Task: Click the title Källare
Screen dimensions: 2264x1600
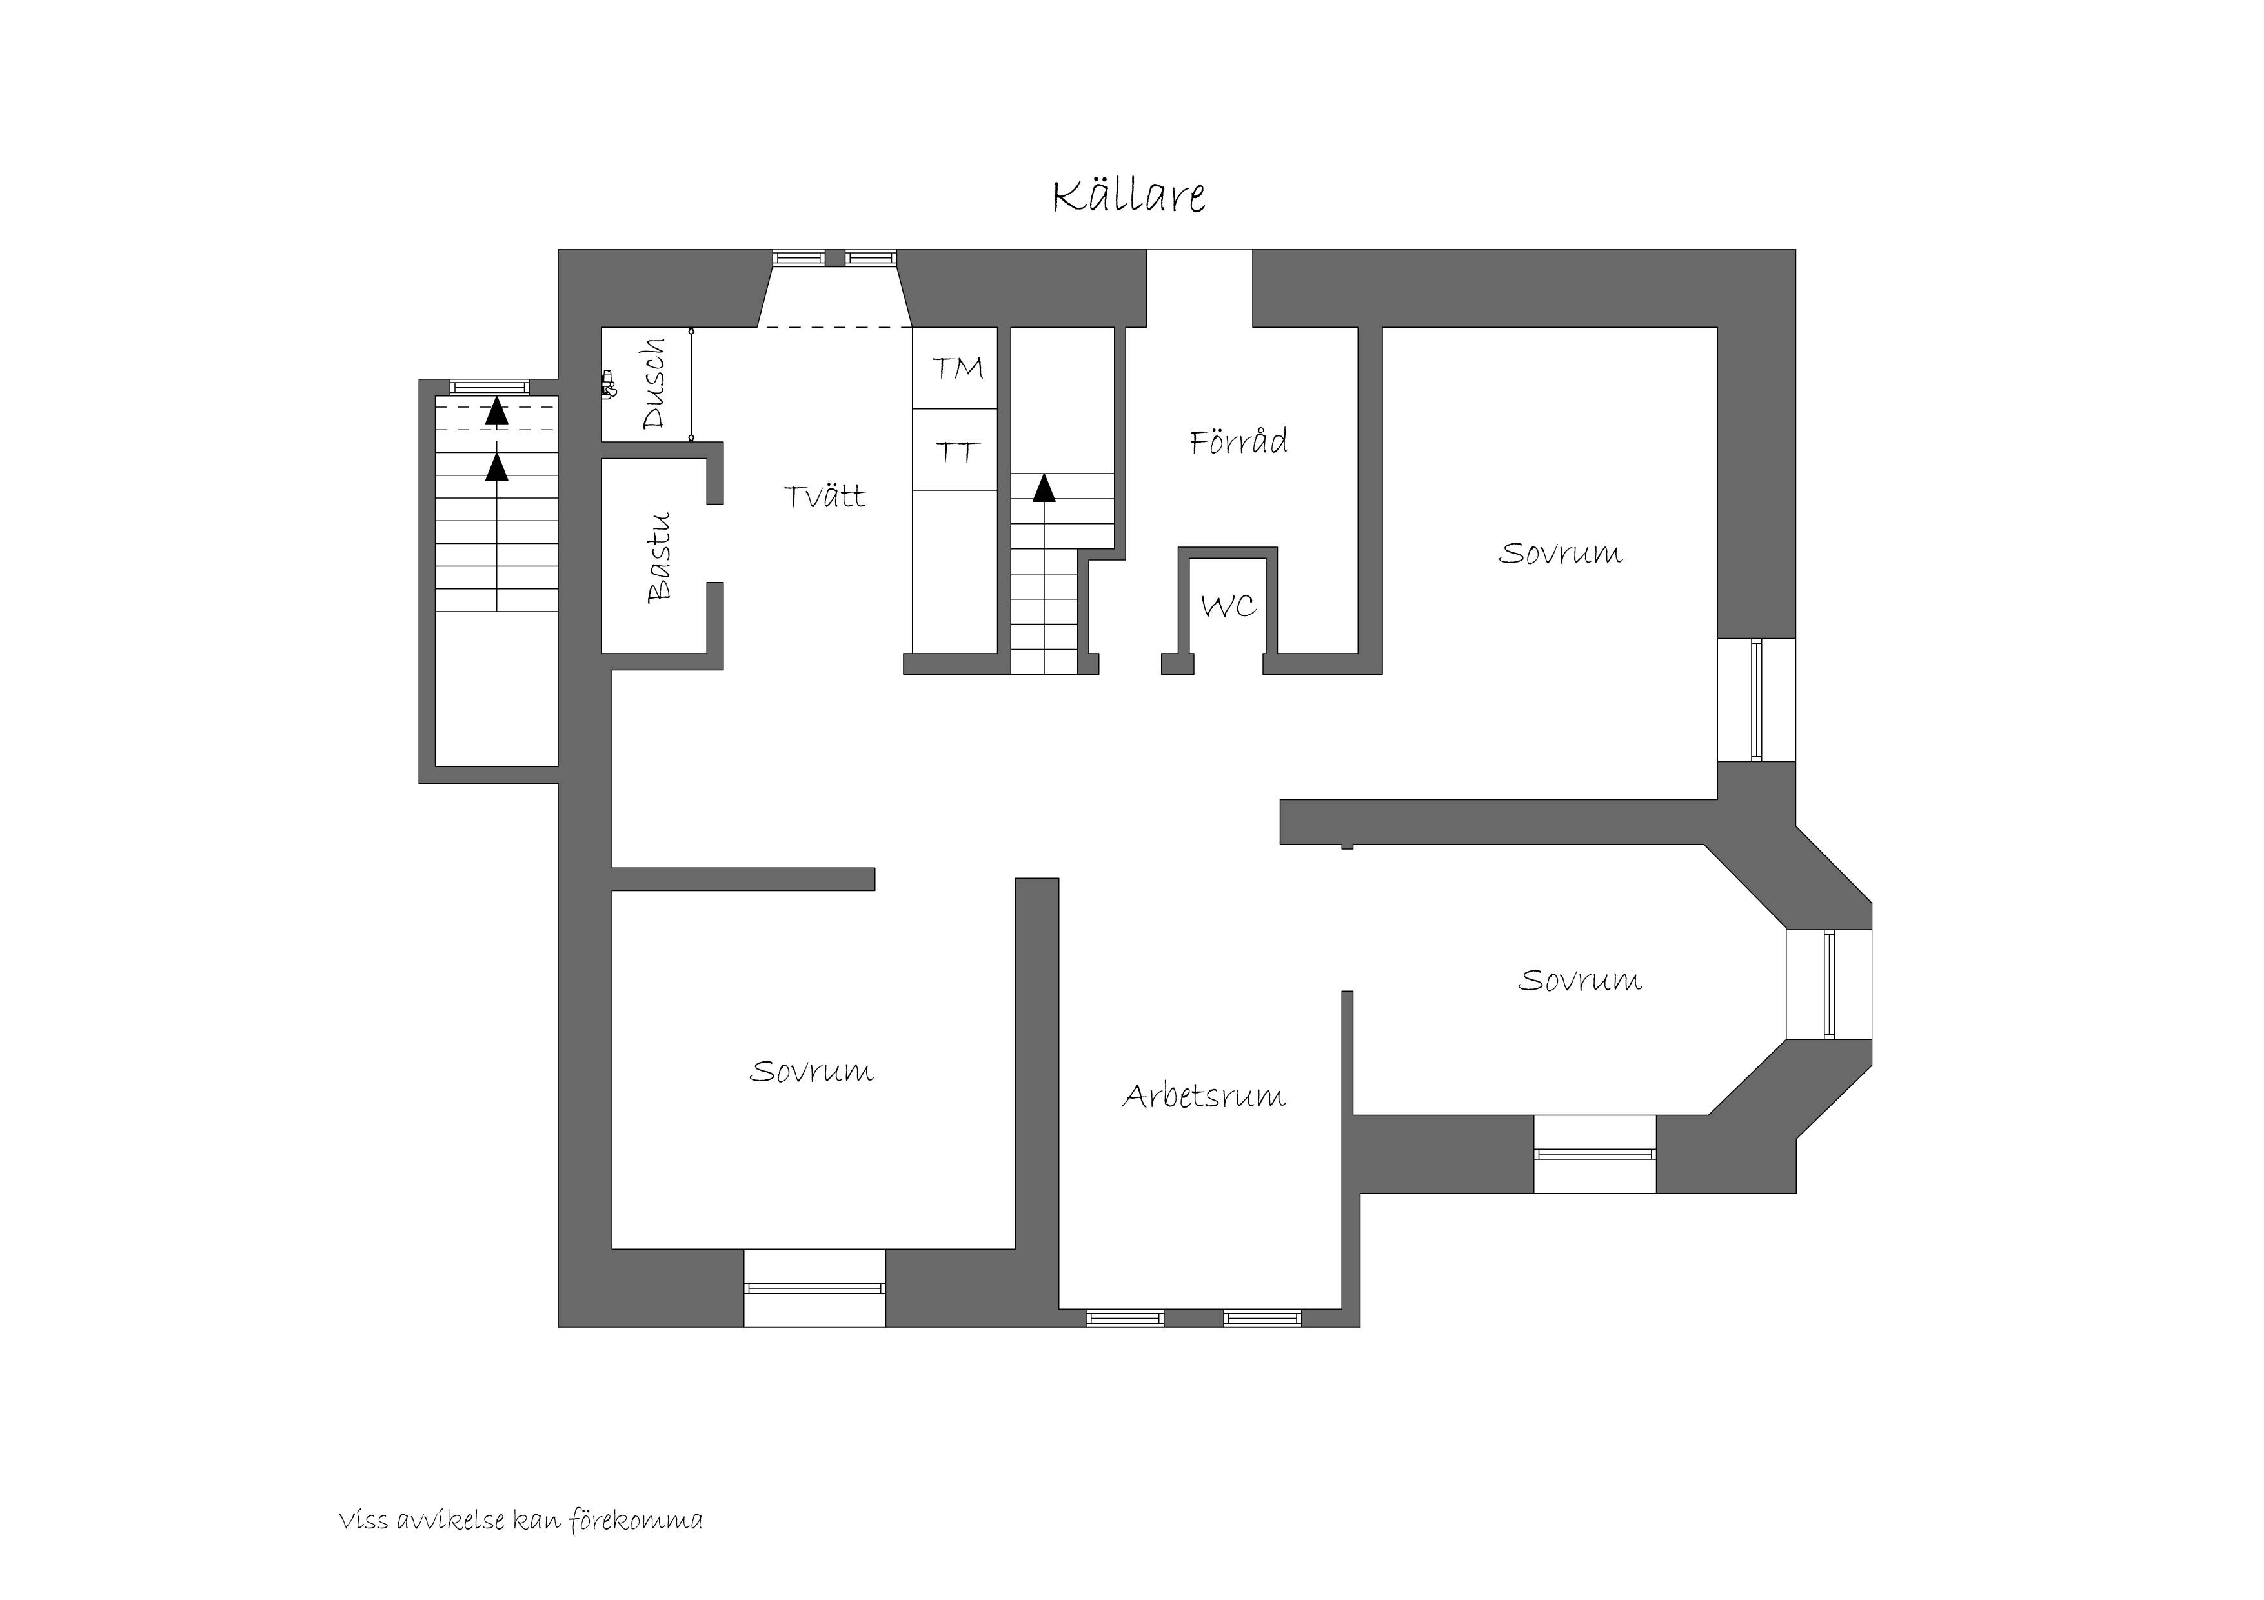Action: pos(1129,195)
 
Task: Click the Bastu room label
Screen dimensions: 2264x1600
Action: pos(659,557)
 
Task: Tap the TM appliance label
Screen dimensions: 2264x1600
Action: pos(958,368)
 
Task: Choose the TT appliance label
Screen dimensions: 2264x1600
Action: pos(956,452)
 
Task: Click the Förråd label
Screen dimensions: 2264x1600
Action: pos(1238,441)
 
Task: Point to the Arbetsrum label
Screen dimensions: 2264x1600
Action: pos(1204,1095)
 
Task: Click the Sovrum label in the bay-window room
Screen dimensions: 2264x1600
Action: pos(1580,980)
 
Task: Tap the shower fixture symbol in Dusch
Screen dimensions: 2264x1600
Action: pos(609,383)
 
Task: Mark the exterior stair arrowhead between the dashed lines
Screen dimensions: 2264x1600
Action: pos(497,411)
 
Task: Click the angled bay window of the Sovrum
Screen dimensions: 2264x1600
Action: pos(1829,984)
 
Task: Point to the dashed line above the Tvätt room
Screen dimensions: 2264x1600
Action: pos(834,327)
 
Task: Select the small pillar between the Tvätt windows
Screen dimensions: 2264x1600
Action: pos(835,258)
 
